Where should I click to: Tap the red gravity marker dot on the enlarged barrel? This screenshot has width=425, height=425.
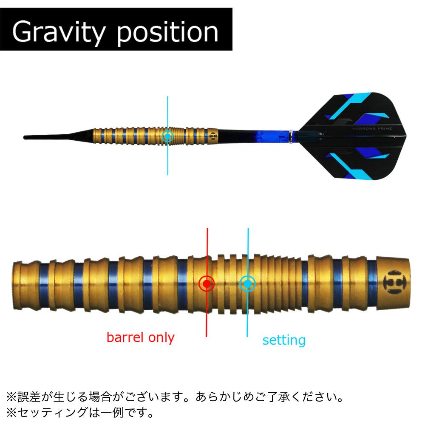(207, 284)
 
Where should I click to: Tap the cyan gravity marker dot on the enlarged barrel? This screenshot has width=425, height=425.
(247, 283)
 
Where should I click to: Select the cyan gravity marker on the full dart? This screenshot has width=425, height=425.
(167, 136)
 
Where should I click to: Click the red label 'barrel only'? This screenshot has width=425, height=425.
(140, 338)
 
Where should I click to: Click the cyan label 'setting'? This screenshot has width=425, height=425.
(284, 340)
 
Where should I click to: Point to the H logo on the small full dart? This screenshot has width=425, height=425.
(213, 136)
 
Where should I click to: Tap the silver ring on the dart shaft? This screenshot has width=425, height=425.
(291, 137)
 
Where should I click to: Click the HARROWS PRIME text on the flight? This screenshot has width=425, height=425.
(372, 128)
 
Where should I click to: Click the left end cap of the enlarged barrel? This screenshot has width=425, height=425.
(17, 285)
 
